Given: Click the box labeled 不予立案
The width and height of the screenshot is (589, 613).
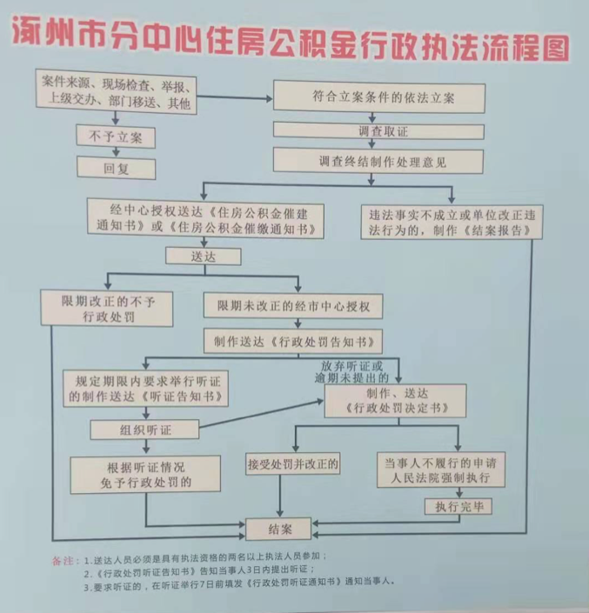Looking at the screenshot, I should pos(116,137).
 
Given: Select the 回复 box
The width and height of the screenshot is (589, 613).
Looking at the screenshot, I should pos(116,167).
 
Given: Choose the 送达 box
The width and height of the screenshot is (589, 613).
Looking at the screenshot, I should pos(202,257).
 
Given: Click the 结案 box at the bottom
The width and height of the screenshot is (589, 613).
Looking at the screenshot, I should pos(280,529).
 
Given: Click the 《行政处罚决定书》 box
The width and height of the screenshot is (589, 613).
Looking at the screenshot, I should pos(396,400).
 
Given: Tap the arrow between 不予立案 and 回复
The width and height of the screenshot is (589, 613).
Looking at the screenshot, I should pos(116,152).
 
